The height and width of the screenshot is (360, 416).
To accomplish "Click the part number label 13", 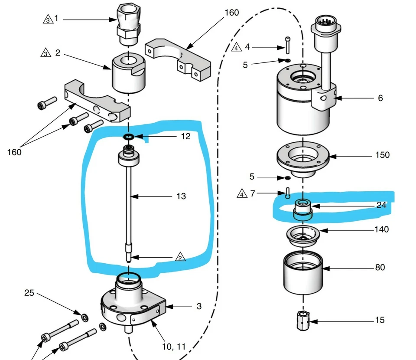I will click(181, 196).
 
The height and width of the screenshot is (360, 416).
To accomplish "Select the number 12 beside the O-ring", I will click(185, 137).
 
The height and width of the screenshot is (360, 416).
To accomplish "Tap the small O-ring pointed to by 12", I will click(128, 137).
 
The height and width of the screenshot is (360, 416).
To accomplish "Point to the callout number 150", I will click(382, 155).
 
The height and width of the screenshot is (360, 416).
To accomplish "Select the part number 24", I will click(381, 205).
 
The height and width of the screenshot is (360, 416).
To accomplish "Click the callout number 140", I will click(381, 229).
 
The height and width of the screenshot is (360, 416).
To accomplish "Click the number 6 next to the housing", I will click(380, 98).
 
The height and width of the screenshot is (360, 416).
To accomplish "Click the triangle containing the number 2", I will click(181, 257).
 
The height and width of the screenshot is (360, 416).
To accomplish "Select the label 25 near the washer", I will click(29, 293).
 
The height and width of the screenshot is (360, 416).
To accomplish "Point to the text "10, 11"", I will click(174, 347).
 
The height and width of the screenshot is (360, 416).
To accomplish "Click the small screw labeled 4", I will click(288, 44).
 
